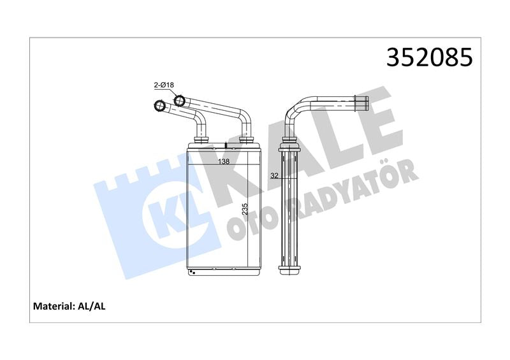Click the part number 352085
point(429,57)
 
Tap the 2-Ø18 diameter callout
point(164,85)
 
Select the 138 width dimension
point(224,161)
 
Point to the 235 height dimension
point(245,210)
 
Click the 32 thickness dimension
point(275,176)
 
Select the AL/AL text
point(92,306)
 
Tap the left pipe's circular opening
point(159,105)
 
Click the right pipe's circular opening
point(179,100)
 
